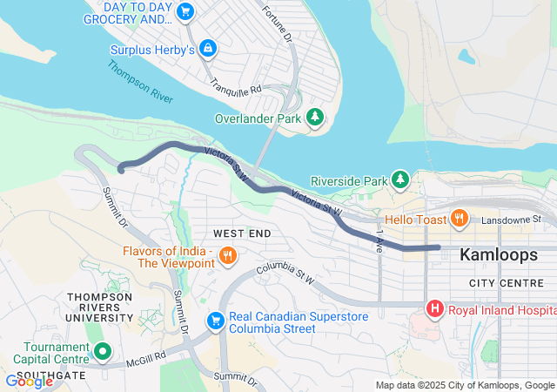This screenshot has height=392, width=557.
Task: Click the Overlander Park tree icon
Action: coord(314,118)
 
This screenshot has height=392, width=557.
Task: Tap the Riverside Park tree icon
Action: coord(399,179)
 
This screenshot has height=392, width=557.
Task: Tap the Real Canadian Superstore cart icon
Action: coord(215,321)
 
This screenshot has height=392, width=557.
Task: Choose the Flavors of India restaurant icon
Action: coord(227,255)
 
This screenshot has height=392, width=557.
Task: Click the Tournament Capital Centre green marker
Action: coord(103,352)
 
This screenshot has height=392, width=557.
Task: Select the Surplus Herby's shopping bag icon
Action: coord(207,49)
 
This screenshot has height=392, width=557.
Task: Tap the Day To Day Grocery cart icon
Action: coord(185,11)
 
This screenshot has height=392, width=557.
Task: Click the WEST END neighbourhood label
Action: coord(242,233)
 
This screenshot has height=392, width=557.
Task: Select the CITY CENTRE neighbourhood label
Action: coord(506,283)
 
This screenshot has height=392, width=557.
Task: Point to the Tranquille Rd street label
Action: coord(236,84)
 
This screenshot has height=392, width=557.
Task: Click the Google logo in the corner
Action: coord(28,381)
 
